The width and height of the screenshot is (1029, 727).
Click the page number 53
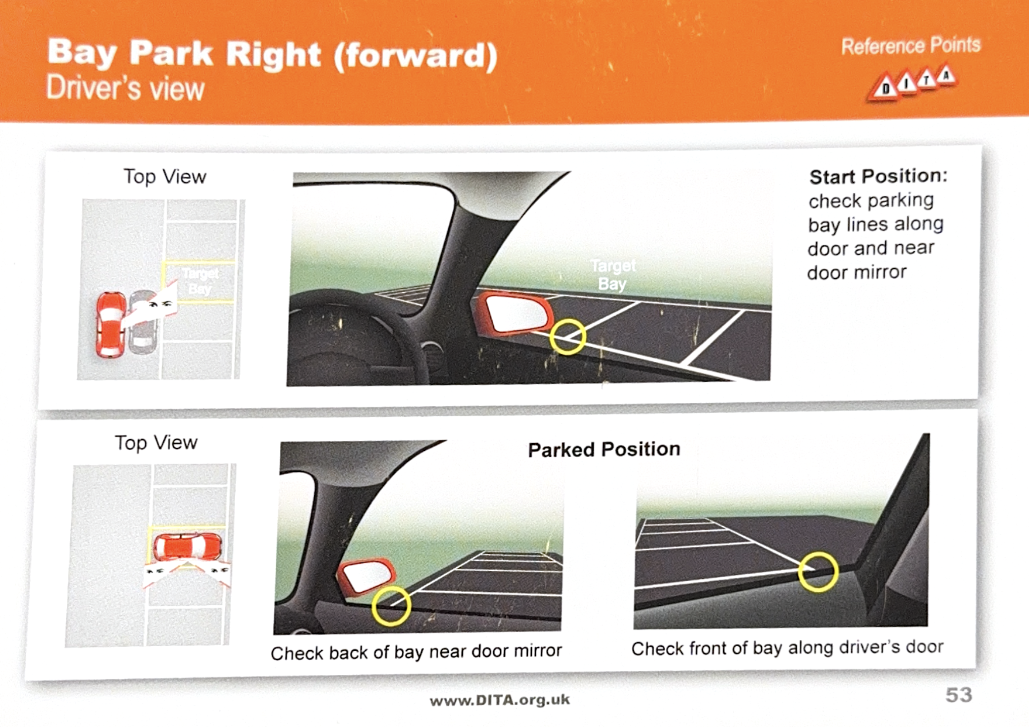pyautogui.click(x=958, y=695)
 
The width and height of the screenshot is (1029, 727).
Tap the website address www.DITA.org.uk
pyautogui.click(x=499, y=700)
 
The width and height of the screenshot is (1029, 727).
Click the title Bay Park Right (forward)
pyautogui.click(x=272, y=54)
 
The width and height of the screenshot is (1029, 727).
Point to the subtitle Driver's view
pyautogui.click(x=125, y=89)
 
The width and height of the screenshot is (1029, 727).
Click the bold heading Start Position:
pyautogui.click(x=878, y=176)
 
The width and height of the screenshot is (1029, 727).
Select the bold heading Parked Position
pyautogui.click(x=604, y=449)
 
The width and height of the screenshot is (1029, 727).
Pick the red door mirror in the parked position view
pyautogui.click(x=366, y=576)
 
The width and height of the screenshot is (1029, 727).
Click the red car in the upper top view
pyautogui.click(x=111, y=324)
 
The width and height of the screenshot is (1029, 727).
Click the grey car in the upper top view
pyautogui.click(x=144, y=323)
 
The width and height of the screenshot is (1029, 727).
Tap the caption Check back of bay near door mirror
pyautogui.click(x=416, y=652)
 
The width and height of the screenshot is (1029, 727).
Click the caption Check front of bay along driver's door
pyautogui.click(x=787, y=648)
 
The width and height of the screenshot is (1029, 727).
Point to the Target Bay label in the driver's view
pyautogui.click(x=613, y=274)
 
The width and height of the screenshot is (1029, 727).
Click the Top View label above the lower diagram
pyautogui.click(x=156, y=443)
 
